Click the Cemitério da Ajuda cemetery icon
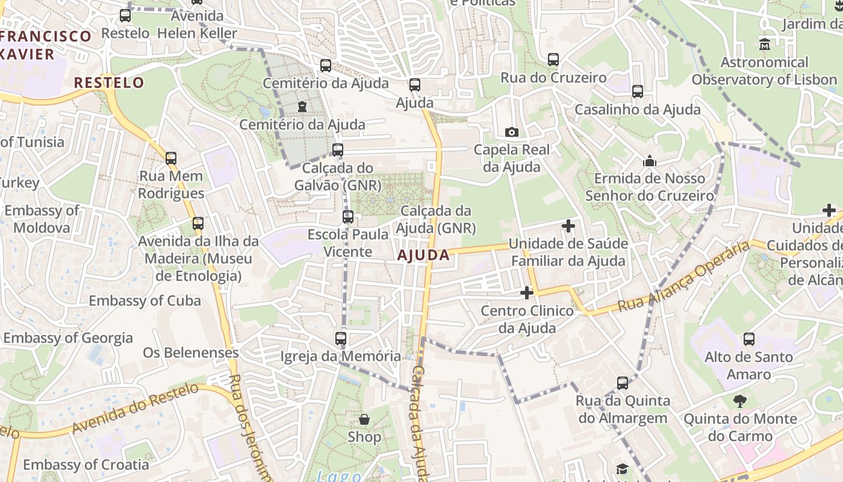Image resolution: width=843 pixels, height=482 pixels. (302, 107)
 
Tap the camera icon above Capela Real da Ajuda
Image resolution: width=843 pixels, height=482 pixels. (511, 132)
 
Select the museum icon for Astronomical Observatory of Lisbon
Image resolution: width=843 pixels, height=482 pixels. (764, 44)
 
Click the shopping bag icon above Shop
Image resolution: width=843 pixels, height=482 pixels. (364, 419)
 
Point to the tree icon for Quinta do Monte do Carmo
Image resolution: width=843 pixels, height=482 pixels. (739, 401)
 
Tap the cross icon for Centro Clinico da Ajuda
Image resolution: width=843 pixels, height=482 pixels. (527, 293)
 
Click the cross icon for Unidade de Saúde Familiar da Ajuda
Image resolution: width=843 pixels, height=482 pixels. (568, 226)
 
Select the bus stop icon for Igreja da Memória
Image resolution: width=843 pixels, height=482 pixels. (341, 338)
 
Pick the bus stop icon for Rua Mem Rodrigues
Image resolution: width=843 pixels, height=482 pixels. (171, 158)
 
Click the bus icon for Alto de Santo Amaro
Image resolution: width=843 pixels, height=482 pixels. (748, 339)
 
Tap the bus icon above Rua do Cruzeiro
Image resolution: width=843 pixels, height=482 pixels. (553, 60)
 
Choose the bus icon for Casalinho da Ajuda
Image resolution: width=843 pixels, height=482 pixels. (637, 92)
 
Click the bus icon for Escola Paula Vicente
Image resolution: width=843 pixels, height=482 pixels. (348, 217)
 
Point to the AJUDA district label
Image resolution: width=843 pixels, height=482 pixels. (423, 255)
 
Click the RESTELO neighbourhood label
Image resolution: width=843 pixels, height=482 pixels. (109, 83)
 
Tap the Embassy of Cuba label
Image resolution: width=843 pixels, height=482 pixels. (145, 301)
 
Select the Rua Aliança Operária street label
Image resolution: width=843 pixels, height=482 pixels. (684, 276)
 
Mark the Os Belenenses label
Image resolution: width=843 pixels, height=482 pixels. (191, 352)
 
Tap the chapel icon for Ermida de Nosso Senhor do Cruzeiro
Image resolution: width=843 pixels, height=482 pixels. (649, 161)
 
